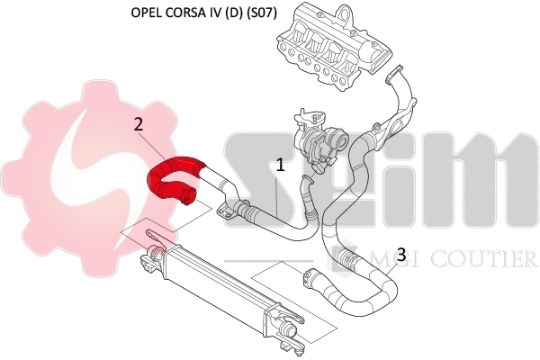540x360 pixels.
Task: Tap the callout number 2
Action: tap(139, 124)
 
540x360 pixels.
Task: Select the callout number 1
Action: tap(280, 166)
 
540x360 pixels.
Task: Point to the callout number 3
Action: tap(401, 253)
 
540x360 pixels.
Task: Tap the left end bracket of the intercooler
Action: tap(150, 253)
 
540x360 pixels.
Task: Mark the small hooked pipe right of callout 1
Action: tap(307, 193)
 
